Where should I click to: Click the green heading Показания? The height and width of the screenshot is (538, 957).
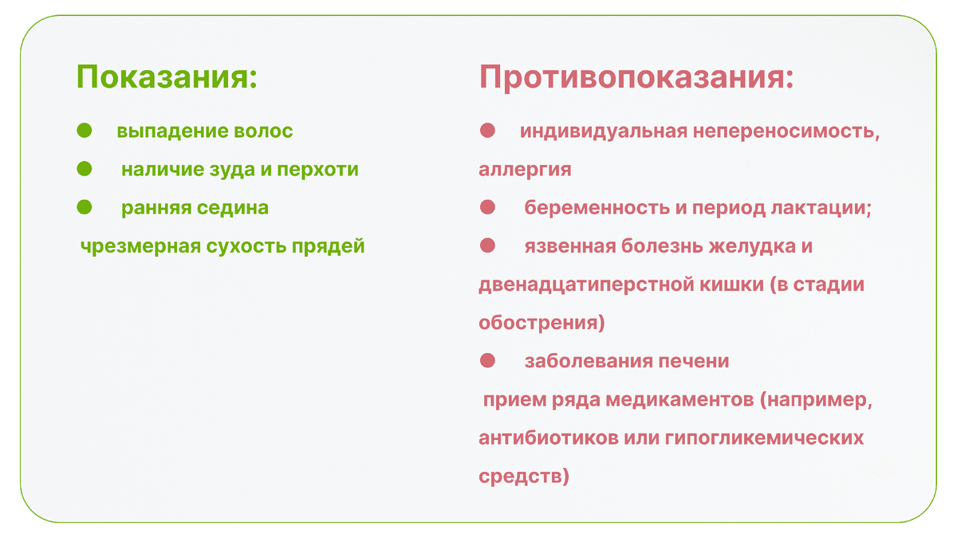pyautogui.click(x=167, y=78)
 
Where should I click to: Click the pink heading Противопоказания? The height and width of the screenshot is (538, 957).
pyautogui.click(x=636, y=78)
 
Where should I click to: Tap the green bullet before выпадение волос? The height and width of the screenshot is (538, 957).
pyautogui.click(x=85, y=130)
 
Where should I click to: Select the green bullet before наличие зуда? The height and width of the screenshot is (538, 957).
pyautogui.click(x=85, y=168)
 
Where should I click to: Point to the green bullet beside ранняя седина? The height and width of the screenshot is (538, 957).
pyautogui.click(x=85, y=206)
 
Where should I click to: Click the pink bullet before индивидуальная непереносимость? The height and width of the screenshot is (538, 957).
pyautogui.click(x=488, y=130)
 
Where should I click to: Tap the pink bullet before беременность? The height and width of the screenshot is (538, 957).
pyautogui.click(x=488, y=206)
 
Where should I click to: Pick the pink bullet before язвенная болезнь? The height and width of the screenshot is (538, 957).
pyautogui.click(x=488, y=245)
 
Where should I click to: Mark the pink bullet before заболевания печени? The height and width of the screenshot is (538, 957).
pyautogui.click(x=488, y=360)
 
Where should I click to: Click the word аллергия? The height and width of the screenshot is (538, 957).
pyautogui.click(x=525, y=170)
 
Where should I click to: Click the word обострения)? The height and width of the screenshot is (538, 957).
pyautogui.click(x=542, y=324)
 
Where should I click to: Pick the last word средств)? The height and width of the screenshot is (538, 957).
pyautogui.click(x=524, y=477)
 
